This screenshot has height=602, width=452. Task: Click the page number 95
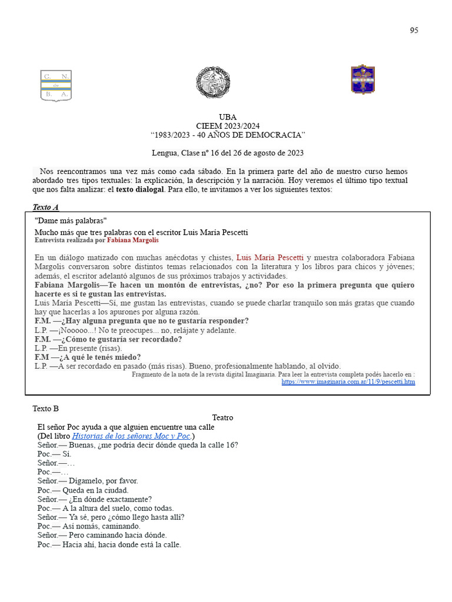tap(414, 31)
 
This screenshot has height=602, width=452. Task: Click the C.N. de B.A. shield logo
tap(56, 85)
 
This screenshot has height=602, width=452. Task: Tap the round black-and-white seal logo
tap(212, 82)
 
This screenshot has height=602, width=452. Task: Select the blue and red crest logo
tap(363, 79)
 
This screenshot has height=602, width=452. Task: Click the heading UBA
tap(228, 117)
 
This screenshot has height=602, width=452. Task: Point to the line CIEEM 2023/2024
tap(228, 126)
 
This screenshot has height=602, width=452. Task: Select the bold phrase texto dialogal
tap(140, 190)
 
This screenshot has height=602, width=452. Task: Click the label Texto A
tap(45, 207)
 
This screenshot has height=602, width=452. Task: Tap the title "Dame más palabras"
tap(71, 220)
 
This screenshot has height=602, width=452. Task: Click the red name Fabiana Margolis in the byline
tap(132, 240)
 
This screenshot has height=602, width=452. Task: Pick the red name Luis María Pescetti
tap(270, 257)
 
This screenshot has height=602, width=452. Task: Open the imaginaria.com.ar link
tap(348, 382)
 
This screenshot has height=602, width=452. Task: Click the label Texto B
tap(45, 409)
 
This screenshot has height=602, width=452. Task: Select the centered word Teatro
tap(222, 417)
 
